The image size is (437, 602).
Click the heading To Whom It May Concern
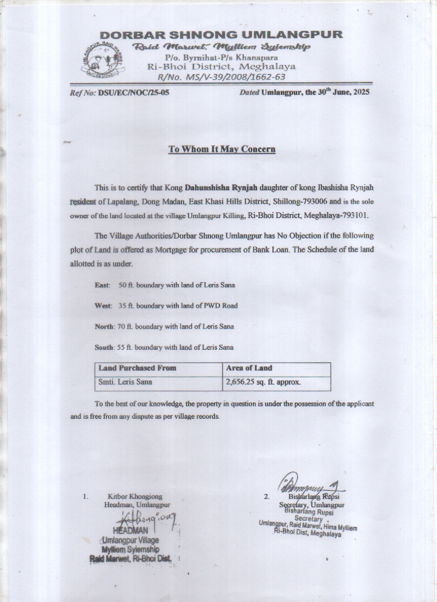[x=222, y=149]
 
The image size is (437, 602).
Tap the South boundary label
[x=104, y=347]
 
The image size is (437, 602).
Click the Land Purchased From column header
[x=137, y=368]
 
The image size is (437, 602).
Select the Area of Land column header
[x=249, y=368]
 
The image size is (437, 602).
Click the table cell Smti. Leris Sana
[x=125, y=382]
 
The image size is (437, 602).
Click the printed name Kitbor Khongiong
[x=135, y=497]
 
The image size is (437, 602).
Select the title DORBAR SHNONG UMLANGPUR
[x=221, y=35]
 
